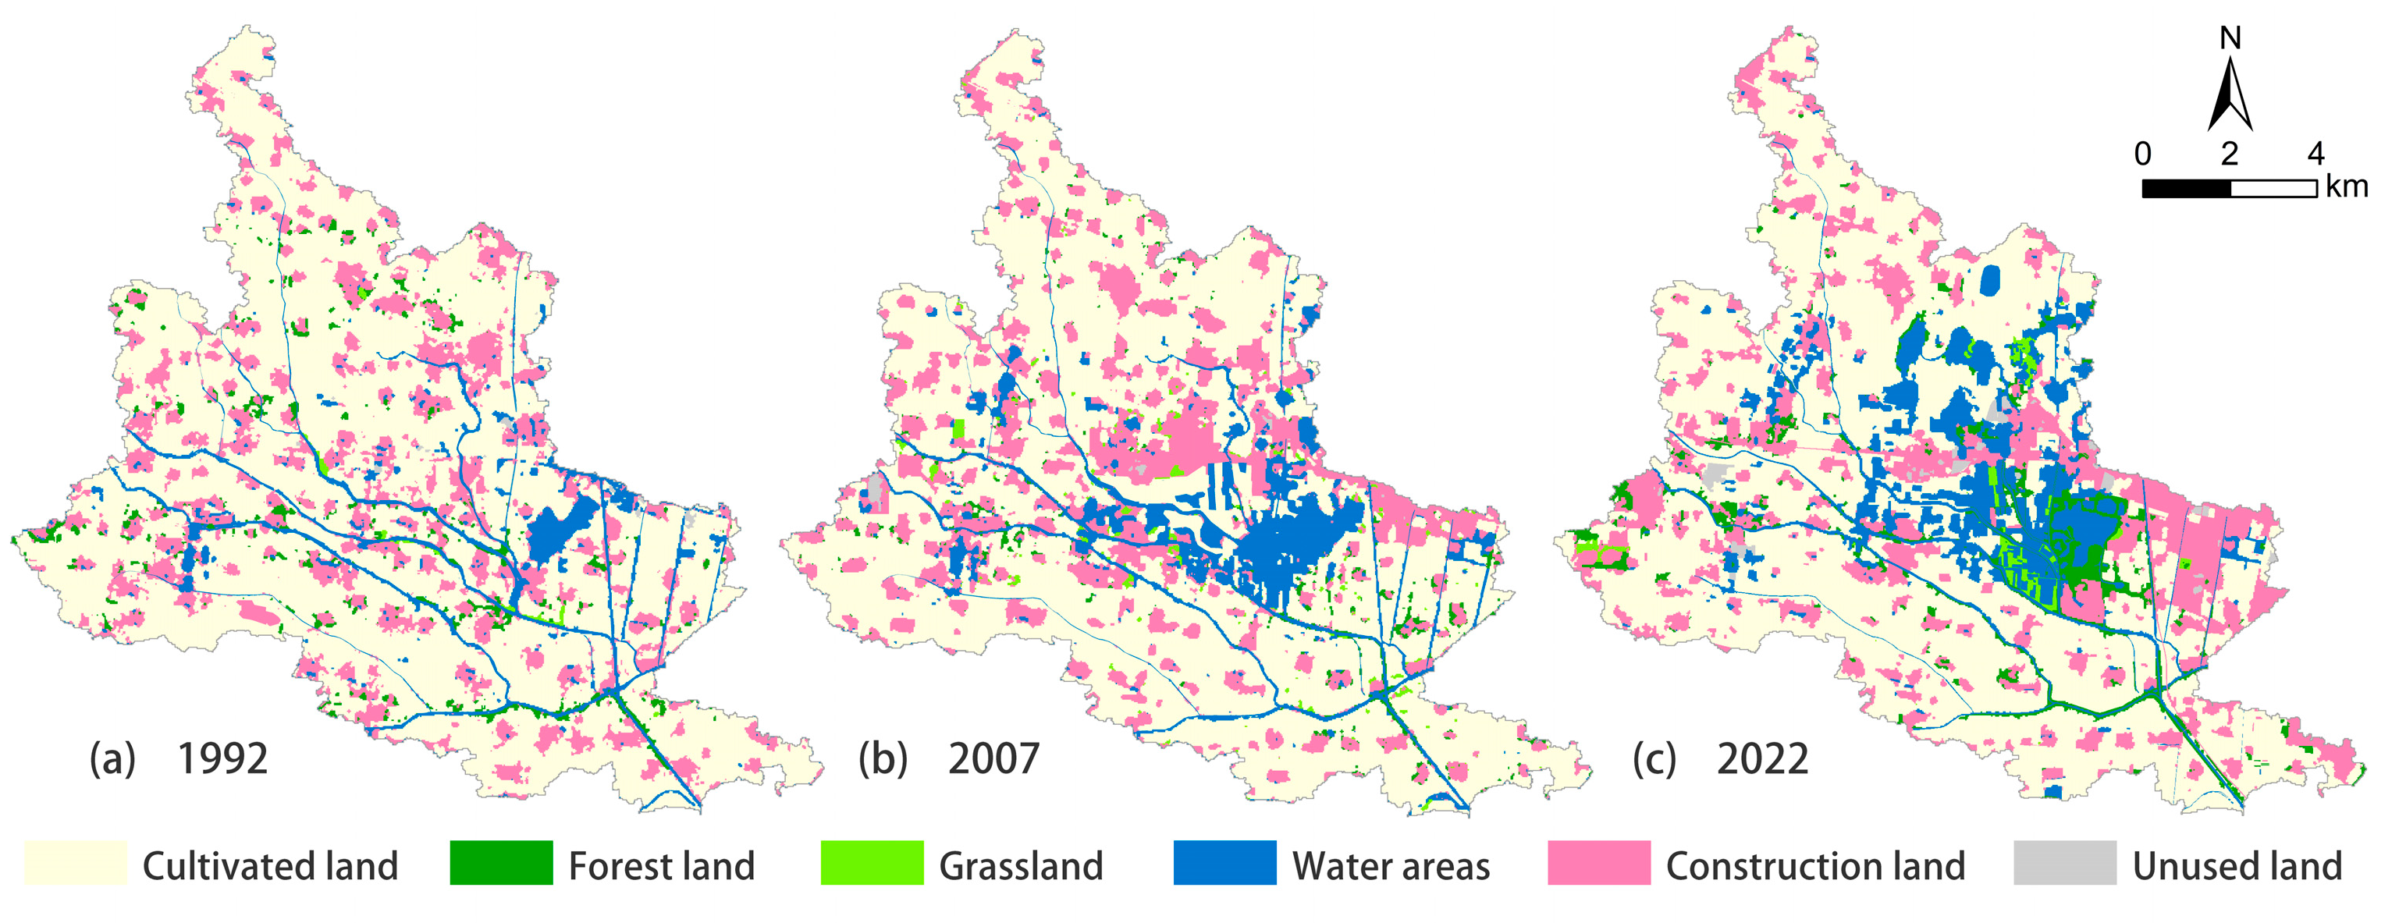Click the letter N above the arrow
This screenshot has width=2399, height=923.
2230,38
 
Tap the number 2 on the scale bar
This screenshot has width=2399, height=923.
2230,154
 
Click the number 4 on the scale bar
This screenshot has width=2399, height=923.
2316,154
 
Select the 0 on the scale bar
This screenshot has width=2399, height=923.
2143,154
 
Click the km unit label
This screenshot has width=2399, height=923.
2347,186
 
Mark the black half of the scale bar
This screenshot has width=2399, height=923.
2186,189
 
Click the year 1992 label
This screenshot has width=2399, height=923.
222,759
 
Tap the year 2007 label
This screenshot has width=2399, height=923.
993,759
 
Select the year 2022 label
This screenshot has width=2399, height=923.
1762,759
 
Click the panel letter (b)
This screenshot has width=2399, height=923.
882,759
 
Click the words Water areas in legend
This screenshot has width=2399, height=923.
1391,866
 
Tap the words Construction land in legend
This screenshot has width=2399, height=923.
1815,866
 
